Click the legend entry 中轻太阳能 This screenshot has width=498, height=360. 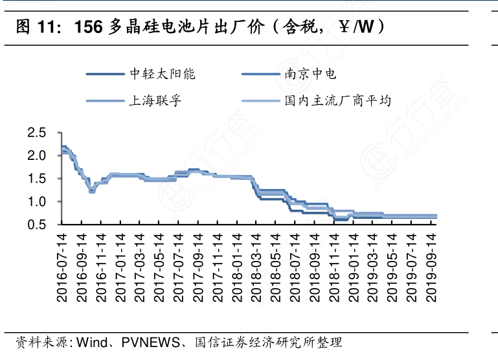click(x=163, y=74)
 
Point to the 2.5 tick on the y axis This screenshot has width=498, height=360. click(x=37, y=133)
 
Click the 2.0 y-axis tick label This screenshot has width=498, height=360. click(x=37, y=156)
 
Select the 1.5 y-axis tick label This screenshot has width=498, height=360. click(x=37, y=179)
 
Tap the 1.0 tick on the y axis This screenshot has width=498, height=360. click(x=37, y=202)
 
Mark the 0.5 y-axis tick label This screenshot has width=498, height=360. click(x=37, y=225)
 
